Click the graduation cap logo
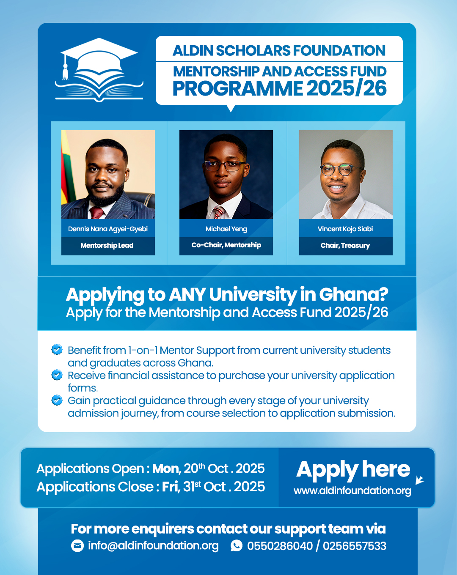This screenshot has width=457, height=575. [x=99, y=70]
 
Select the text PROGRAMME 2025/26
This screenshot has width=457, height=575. [x=279, y=88]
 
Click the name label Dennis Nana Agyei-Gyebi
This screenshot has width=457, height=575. [x=108, y=229]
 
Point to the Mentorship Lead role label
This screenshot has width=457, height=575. [x=107, y=245]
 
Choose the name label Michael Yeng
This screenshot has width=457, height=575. [x=226, y=229]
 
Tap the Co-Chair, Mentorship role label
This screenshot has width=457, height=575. [x=226, y=245]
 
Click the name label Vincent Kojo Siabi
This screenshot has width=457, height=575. [x=345, y=229]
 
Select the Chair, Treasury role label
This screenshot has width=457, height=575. [x=345, y=245]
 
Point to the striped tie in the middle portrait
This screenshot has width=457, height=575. [x=219, y=212]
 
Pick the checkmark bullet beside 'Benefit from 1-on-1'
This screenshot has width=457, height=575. [x=57, y=350]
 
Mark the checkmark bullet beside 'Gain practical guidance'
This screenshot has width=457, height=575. [x=57, y=400]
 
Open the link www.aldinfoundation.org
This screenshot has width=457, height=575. [x=352, y=490]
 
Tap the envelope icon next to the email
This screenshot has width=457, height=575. [x=77, y=546]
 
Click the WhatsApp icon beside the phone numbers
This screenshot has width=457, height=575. [x=237, y=546]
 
